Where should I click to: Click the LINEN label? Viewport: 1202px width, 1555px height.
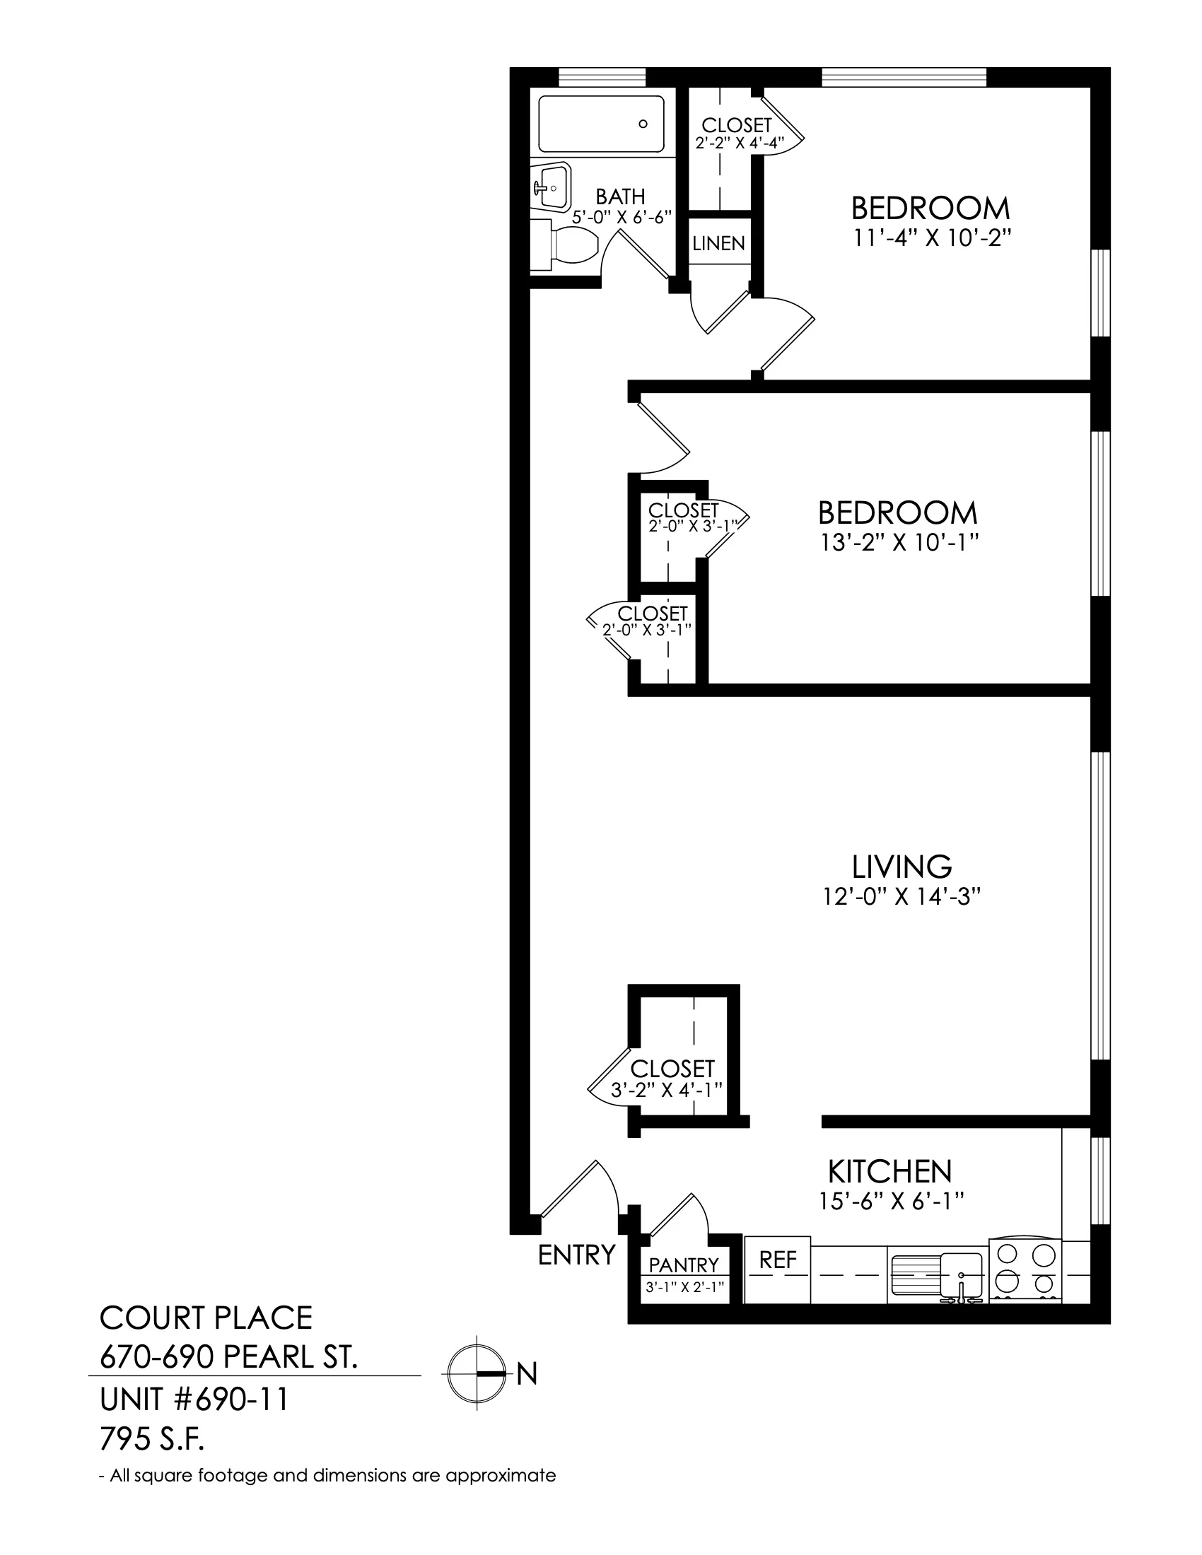click(x=718, y=244)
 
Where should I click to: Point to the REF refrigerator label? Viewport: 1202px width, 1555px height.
click(x=778, y=1260)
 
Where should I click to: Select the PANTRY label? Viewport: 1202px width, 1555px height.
click(x=684, y=1265)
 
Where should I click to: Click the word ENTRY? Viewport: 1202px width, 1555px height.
click(x=576, y=1255)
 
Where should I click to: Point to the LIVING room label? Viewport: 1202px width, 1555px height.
click(x=902, y=867)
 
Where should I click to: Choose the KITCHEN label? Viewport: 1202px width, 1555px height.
click(x=890, y=1171)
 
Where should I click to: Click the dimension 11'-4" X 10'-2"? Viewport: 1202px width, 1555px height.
click(x=932, y=237)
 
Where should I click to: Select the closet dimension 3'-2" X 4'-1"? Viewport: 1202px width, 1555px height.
click(x=667, y=1089)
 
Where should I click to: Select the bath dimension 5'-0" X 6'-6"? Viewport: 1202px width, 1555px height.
click(x=622, y=217)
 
